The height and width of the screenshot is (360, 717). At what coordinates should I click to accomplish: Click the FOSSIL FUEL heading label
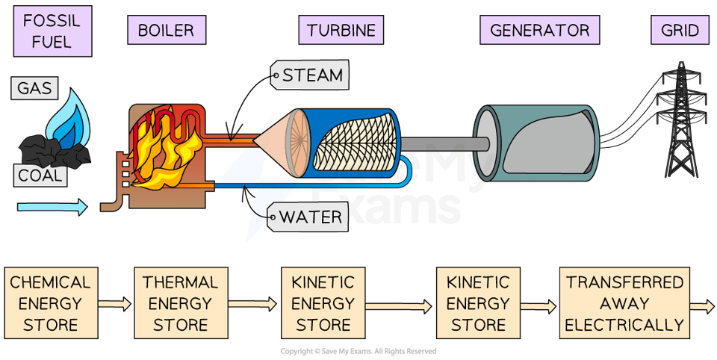tap(52, 31)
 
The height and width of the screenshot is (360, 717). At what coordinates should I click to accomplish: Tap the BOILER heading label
tap(166, 31)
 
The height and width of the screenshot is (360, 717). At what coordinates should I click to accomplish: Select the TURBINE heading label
tap(341, 31)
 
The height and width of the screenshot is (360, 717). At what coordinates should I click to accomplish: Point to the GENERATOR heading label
tap(540, 31)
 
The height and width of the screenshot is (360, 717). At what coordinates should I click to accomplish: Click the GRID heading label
tap(680, 31)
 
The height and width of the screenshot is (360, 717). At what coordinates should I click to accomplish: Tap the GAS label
tap(35, 89)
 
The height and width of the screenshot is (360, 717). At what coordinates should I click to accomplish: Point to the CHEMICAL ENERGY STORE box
tap(50, 304)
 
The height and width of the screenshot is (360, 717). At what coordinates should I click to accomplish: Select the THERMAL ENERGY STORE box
tap(180, 304)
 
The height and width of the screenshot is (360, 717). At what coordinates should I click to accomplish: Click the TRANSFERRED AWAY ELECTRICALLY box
tap(624, 304)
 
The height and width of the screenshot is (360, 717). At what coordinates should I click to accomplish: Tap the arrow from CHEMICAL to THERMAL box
tap(114, 304)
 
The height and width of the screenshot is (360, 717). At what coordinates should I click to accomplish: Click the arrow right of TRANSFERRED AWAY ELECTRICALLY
tap(702, 306)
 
